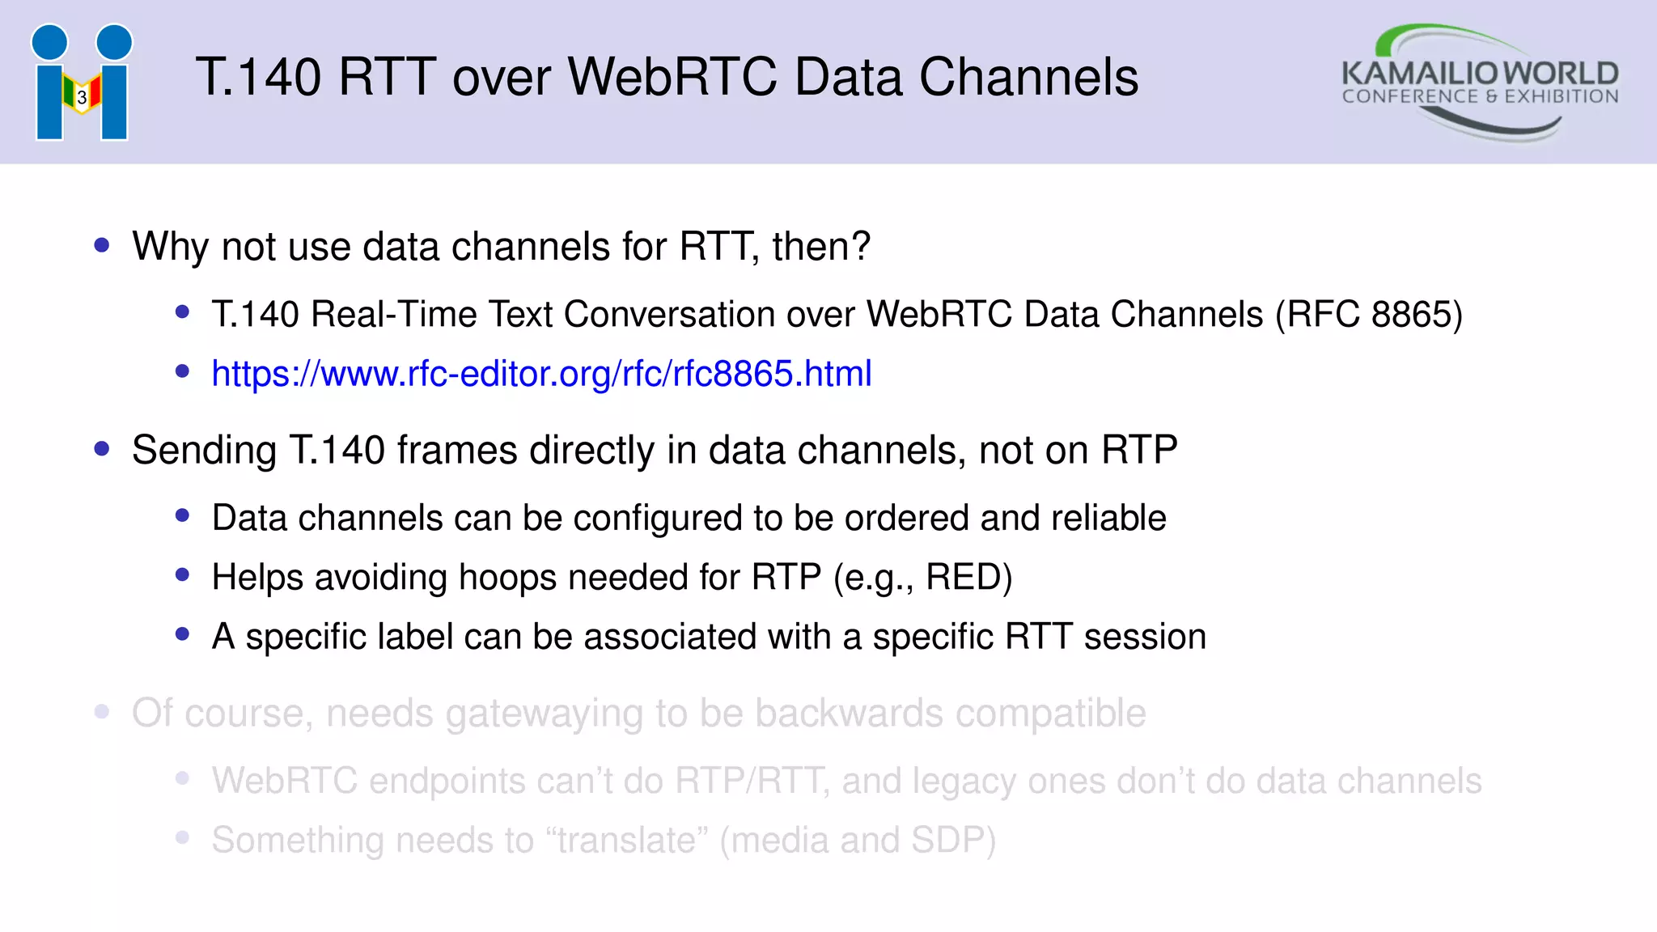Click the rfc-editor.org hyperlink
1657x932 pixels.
[x=541, y=374]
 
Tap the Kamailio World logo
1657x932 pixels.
[x=1480, y=83]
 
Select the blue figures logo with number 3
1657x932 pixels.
[x=82, y=83]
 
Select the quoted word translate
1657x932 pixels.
[x=627, y=841]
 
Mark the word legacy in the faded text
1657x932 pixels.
[x=956, y=782]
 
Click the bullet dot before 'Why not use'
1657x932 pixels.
[x=102, y=245]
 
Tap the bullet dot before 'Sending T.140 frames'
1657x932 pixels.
[x=102, y=449]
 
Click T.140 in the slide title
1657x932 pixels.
[x=258, y=78]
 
